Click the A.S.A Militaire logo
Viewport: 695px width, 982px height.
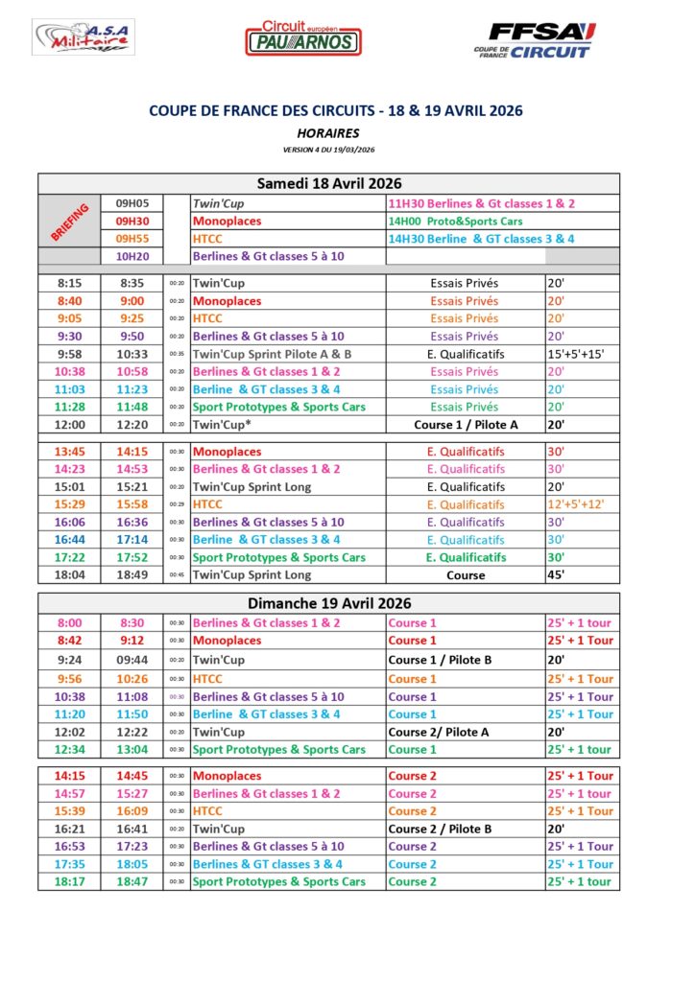[84, 38]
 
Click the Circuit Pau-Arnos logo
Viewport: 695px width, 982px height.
[302, 38]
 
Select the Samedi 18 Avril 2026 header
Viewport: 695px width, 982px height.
[328, 183]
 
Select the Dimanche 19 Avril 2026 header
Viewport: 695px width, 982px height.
[328, 603]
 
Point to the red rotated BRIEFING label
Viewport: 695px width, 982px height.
[69, 222]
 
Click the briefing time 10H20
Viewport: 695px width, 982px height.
[132, 256]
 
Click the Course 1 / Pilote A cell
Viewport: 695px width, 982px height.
[465, 425]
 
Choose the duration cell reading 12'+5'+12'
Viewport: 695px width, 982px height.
[577, 504]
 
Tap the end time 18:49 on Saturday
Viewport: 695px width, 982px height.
[132, 575]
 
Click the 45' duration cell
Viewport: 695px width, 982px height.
[557, 575]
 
